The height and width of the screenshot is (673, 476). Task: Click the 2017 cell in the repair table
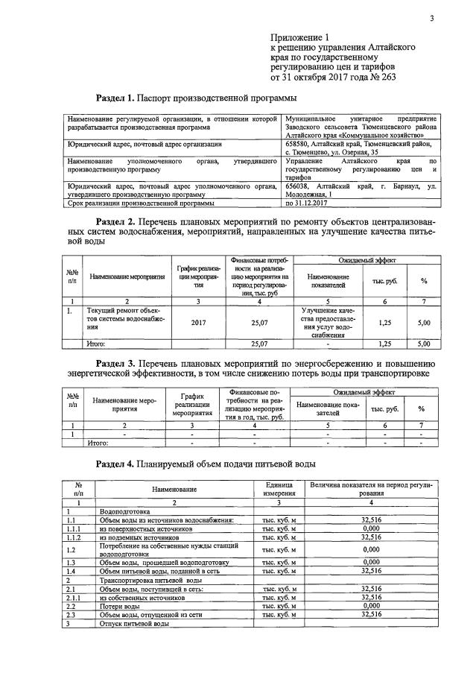[x=198, y=323]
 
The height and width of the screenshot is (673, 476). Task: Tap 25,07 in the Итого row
[x=259, y=344]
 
